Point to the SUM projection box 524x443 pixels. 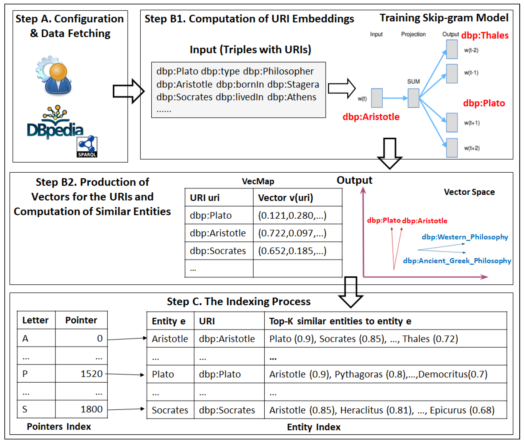tap(413, 98)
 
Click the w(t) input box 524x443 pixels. tap(377, 98)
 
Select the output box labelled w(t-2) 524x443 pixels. tap(452, 49)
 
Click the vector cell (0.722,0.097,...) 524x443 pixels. tap(292, 233)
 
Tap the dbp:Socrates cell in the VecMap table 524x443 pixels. tap(218, 251)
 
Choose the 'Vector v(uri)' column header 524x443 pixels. tap(285, 198)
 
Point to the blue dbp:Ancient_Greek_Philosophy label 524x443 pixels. tap(457, 261)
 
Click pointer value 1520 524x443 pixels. tap(92, 374)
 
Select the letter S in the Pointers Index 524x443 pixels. tap(25, 409)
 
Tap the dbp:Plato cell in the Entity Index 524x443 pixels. tap(220, 374)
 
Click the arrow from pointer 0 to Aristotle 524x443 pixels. tap(127, 339)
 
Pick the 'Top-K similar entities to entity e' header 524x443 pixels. tap(340, 321)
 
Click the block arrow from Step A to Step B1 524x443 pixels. tap(128, 91)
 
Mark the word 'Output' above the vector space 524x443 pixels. tap(354, 180)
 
